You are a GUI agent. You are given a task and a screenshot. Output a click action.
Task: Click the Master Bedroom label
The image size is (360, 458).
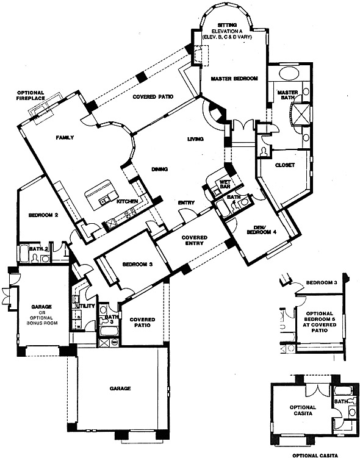(x=234, y=79)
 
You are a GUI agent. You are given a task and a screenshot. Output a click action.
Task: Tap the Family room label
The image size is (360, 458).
(x=65, y=138)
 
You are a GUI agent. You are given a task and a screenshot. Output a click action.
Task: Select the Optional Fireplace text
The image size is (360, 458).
(x=31, y=96)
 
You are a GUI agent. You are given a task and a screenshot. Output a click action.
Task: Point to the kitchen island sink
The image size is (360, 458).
(x=104, y=200)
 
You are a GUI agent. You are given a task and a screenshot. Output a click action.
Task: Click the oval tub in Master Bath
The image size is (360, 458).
(x=289, y=73)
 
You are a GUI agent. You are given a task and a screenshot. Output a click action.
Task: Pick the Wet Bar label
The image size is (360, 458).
(x=225, y=184)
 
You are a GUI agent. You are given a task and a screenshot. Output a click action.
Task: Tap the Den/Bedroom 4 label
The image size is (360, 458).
(x=262, y=229)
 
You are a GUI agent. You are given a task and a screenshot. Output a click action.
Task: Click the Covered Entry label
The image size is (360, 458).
(x=194, y=240)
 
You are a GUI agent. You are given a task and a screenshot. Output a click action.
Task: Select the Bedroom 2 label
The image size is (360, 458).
(x=43, y=215)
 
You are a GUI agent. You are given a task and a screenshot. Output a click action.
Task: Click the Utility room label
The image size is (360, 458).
(x=85, y=306)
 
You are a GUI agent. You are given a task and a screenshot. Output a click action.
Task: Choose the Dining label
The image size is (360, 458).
(x=159, y=169)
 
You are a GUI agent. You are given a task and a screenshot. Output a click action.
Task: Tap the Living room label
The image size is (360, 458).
(x=195, y=139)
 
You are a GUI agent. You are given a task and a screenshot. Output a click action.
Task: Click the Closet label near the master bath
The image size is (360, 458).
(x=285, y=165)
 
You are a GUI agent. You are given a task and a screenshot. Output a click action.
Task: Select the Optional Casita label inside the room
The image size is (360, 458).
(x=303, y=410)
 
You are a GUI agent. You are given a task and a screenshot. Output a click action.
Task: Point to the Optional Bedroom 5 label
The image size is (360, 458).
(x=320, y=322)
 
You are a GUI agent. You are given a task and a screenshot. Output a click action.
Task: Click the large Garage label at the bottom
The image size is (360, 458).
(x=120, y=388)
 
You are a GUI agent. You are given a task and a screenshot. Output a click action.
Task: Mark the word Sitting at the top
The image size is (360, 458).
(x=227, y=25)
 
